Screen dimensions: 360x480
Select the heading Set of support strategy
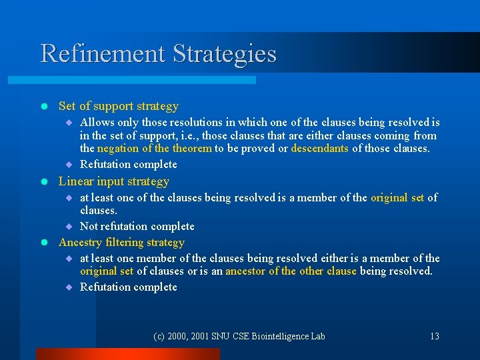[119, 106]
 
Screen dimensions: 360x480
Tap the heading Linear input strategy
[114, 181]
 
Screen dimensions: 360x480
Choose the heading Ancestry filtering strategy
[121, 242]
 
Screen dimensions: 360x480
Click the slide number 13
[435, 336]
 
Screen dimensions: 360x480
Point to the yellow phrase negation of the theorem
[155, 148]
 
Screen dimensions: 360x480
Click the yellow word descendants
[319, 148]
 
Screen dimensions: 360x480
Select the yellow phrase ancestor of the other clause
[291, 271]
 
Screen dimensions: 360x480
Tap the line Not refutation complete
[137, 226]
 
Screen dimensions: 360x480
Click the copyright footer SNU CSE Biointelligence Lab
[239, 336]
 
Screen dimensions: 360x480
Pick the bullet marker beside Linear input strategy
[43, 182]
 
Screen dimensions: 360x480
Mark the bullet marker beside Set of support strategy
[43, 107]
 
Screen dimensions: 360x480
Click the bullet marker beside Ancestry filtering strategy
[43, 243]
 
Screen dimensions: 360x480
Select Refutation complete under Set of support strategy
[129, 164]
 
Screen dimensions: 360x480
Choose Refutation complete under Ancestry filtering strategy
[129, 287]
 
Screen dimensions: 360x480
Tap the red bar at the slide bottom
[127, 354]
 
